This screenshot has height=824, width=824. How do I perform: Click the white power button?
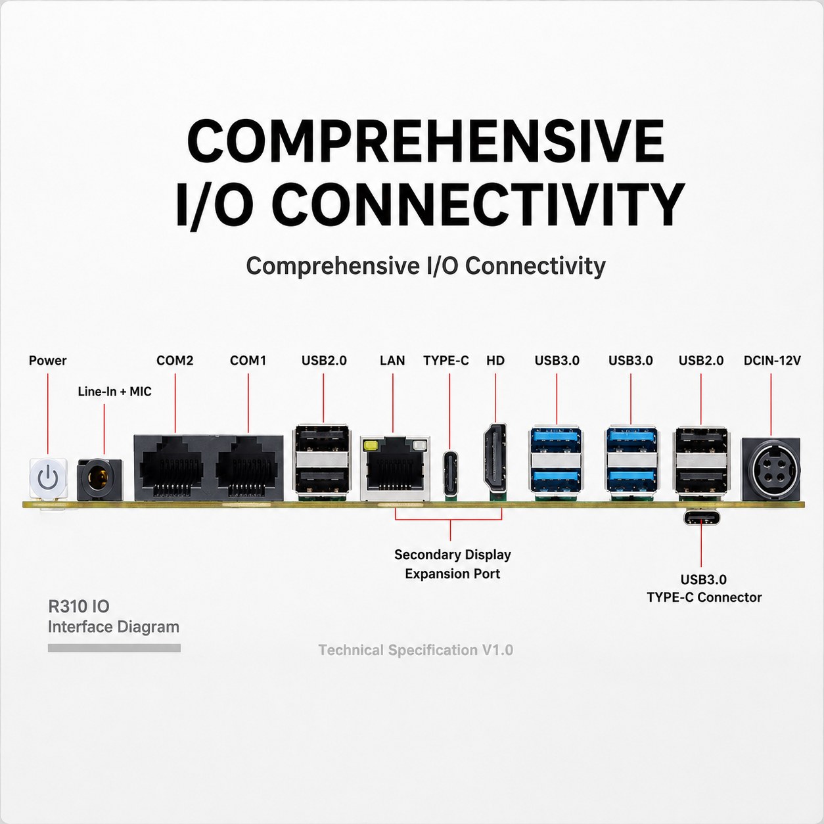tap(49, 478)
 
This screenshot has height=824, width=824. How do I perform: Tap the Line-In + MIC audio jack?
tap(100, 480)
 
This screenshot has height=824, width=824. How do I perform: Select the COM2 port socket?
tap(171, 469)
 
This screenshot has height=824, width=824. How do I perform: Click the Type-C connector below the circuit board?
tap(701, 518)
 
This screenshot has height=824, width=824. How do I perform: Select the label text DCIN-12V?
tap(772, 361)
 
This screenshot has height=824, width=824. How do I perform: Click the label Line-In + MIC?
tap(114, 392)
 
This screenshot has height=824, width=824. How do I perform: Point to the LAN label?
tap(392, 361)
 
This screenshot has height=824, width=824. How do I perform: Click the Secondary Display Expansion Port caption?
tap(452, 564)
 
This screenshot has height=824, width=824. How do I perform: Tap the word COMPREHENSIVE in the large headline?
tap(425, 140)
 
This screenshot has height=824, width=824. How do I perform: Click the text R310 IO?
tap(79, 607)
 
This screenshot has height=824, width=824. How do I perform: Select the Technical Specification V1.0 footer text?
tap(416, 650)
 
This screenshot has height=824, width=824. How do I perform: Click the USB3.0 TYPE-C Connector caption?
tap(704, 588)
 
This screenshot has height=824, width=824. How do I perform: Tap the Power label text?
tap(48, 361)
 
